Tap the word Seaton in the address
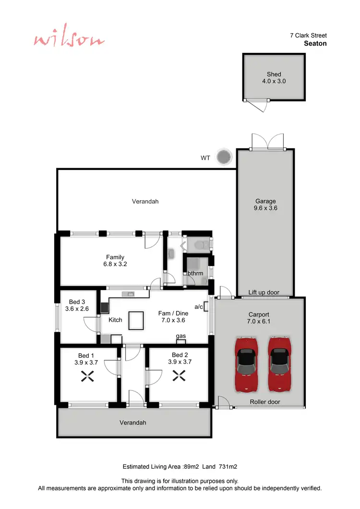[315, 43]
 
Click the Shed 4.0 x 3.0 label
[274, 78]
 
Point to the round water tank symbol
[224, 157]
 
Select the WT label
[205, 158]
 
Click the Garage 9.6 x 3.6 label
[265, 205]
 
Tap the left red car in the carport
[246, 364]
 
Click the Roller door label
[265, 402]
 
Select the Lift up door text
[264, 292]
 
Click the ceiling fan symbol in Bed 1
[86, 376]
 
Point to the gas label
[181, 336]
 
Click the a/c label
[198, 306]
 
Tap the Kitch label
[115, 320]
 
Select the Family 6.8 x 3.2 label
[115, 261]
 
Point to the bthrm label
[195, 273]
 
